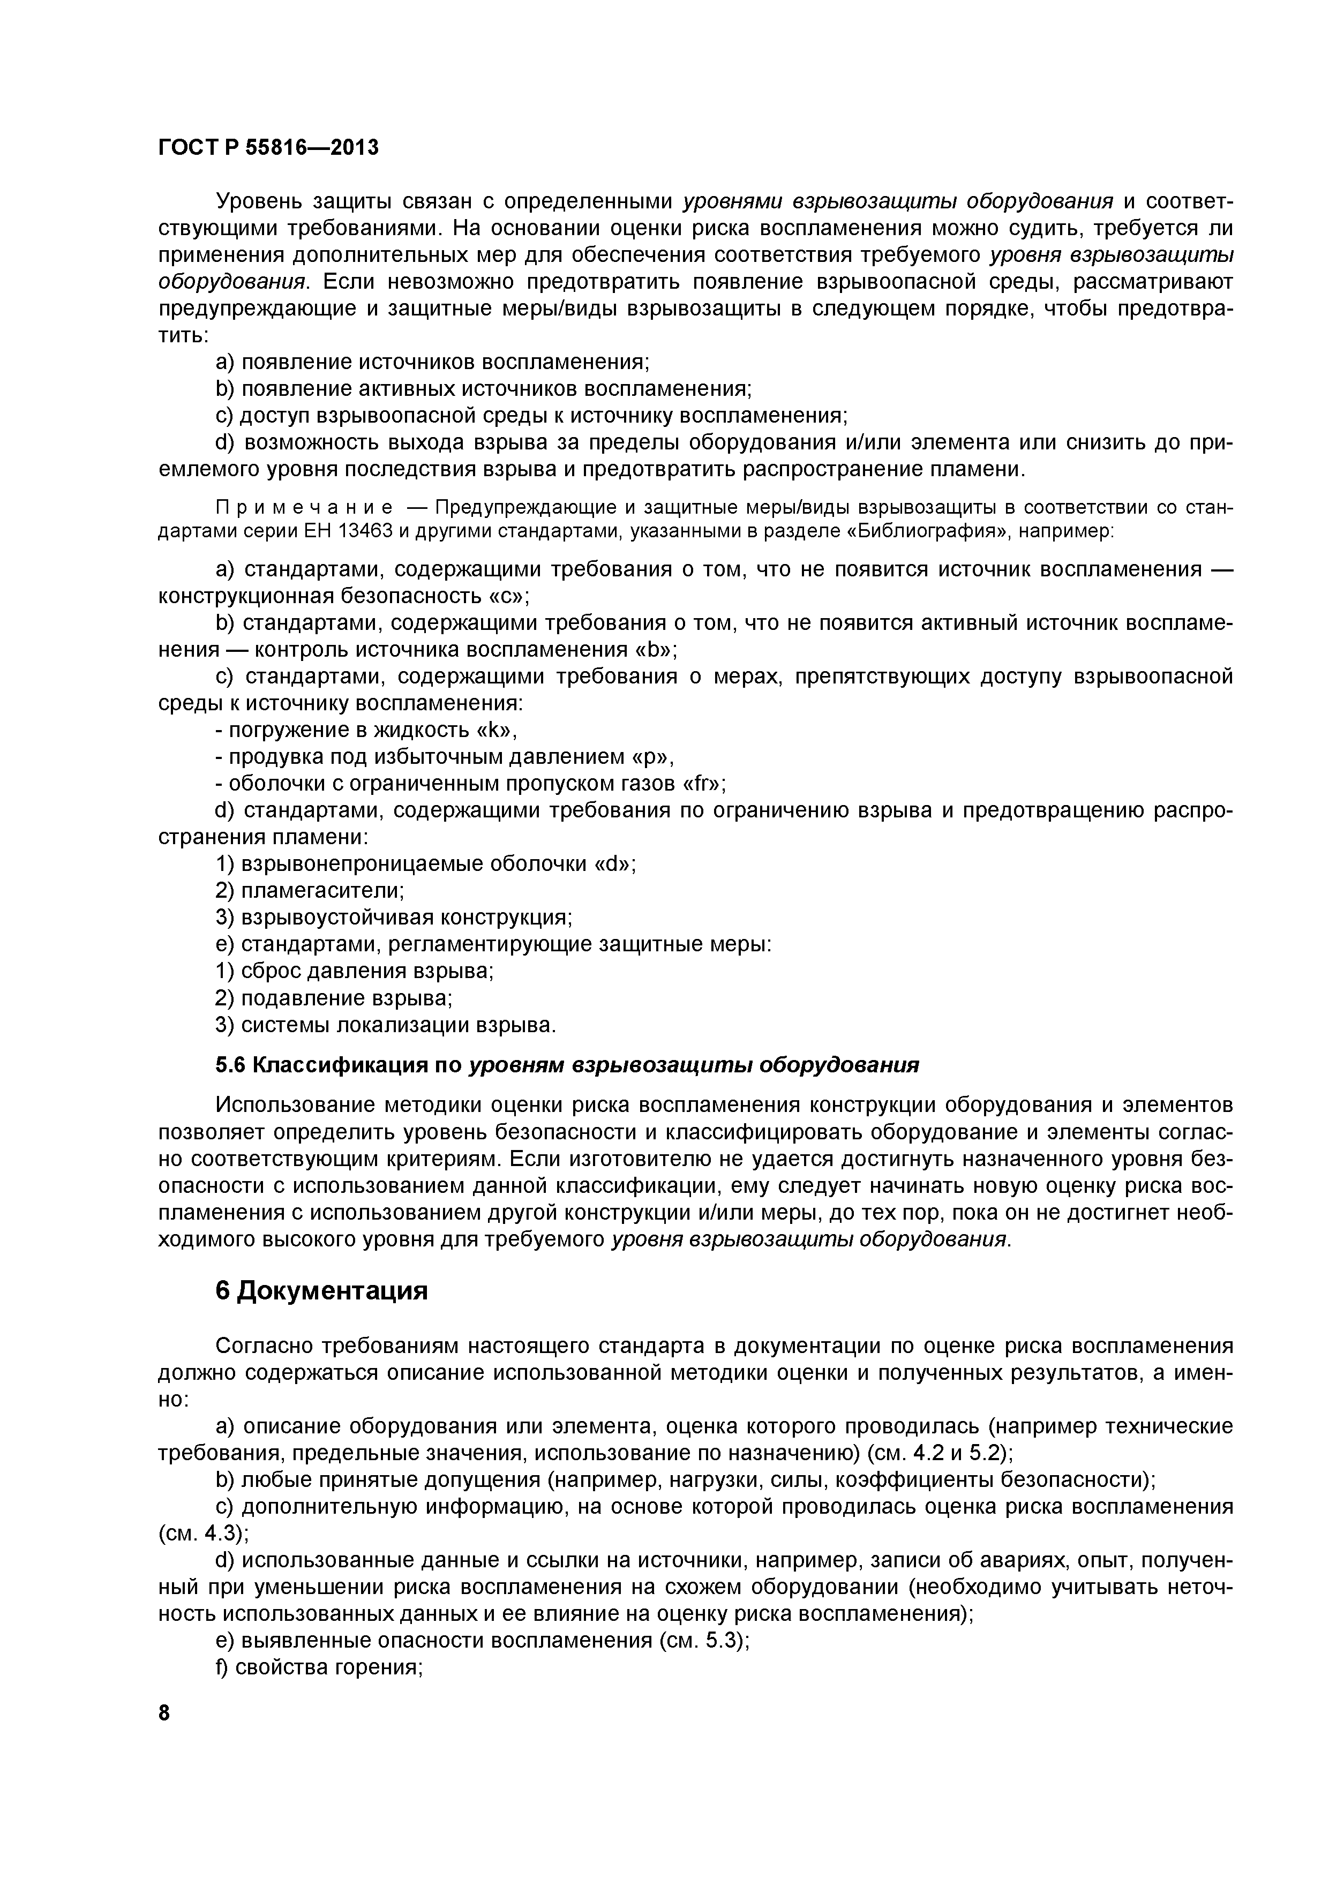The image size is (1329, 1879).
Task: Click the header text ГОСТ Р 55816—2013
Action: (x=268, y=148)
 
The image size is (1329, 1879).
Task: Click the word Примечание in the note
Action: (x=275, y=508)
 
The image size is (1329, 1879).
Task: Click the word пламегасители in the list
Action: (x=321, y=890)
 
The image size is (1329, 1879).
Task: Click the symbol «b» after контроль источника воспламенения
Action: (x=655, y=649)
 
